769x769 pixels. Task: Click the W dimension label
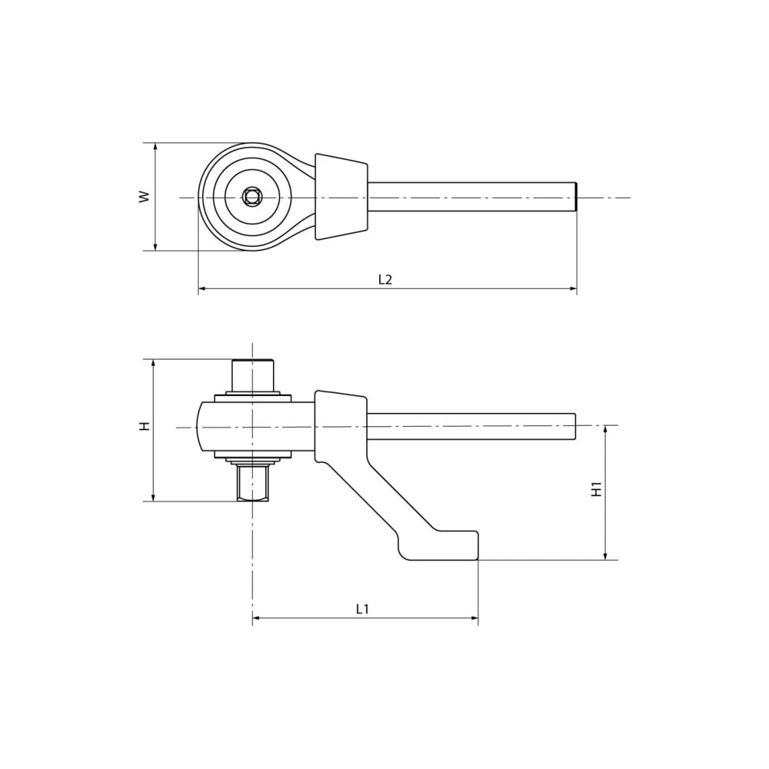click(x=144, y=197)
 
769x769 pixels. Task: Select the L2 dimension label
click(x=385, y=280)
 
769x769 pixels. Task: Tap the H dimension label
click(x=145, y=426)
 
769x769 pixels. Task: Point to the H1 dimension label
click(x=597, y=489)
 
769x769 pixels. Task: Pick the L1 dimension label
click(x=362, y=609)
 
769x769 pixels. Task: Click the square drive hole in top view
click(x=252, y=197)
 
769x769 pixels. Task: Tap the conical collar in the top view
click(x=341, y=197)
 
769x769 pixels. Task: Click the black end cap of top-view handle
click(x=576, y=197)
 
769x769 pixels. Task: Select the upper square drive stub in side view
click(x=252, y=375)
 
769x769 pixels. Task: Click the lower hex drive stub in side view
click(x=252, y=483)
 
